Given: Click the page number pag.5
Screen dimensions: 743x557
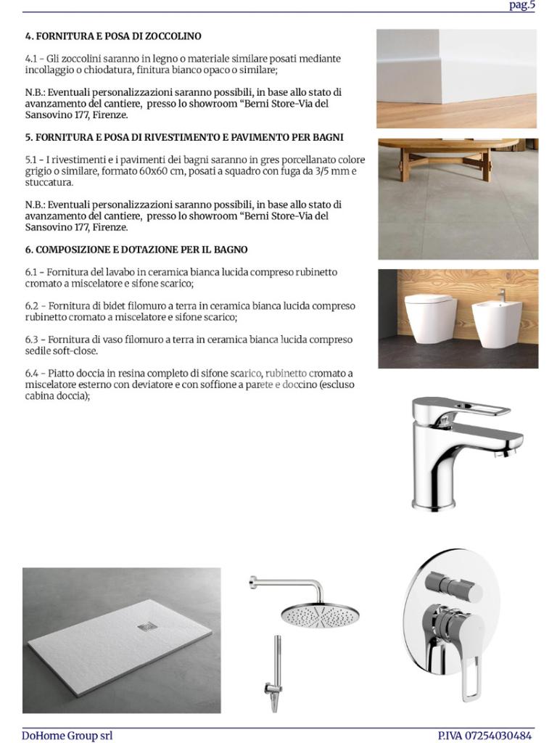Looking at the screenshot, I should [x=522, y=5].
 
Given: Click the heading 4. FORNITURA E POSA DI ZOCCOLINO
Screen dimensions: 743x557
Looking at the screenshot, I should [x=113, y=36].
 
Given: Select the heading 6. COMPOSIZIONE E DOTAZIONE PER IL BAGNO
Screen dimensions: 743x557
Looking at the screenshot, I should [x=136, y=250].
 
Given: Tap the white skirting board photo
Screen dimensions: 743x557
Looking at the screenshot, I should [x=456, y=78].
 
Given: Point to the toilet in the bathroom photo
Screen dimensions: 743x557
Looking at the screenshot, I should [x=430, y=317].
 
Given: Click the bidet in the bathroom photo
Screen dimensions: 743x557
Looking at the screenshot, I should [x=497, y=320].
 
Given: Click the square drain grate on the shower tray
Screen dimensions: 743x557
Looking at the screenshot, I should [x=146, y=626].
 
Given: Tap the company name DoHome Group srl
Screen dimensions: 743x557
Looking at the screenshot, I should [x=67, y=735].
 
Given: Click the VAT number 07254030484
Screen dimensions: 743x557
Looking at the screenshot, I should [x=501, y=735].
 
